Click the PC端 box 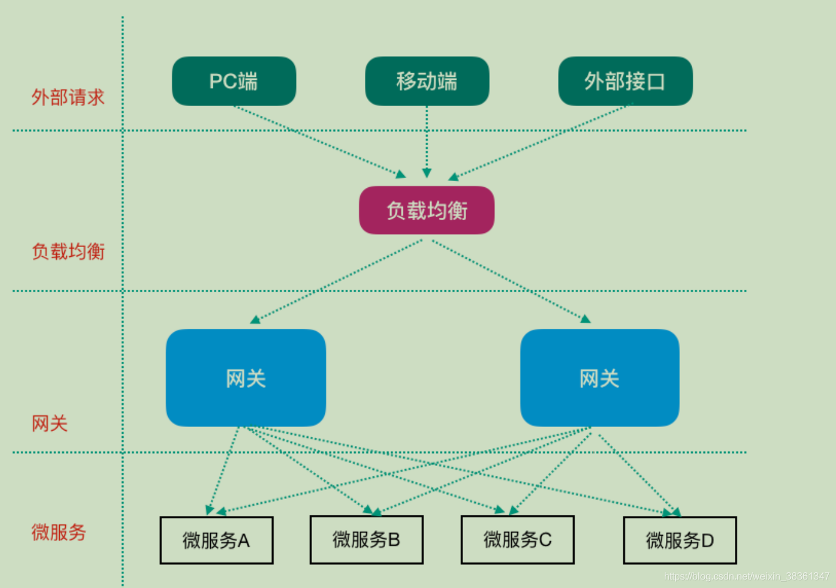[x=234, y=81]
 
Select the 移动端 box [x=427, y=81]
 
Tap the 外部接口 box [x=625, y=81]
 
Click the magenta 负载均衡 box [x=427, y=210]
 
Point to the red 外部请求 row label [x=68, y=97]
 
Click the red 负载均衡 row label [x=68, y=251]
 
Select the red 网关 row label [x=50, y=423]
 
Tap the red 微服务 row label [x=59, y=532]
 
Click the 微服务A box [x=216, y=540]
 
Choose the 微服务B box [x=366, y=540]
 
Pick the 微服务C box [x=517, y=540]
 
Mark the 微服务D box [x=679, y=540]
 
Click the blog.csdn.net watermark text [x=746, y=576]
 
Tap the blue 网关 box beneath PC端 [x=246, y=378]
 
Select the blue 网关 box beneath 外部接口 [x=600, y=378]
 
